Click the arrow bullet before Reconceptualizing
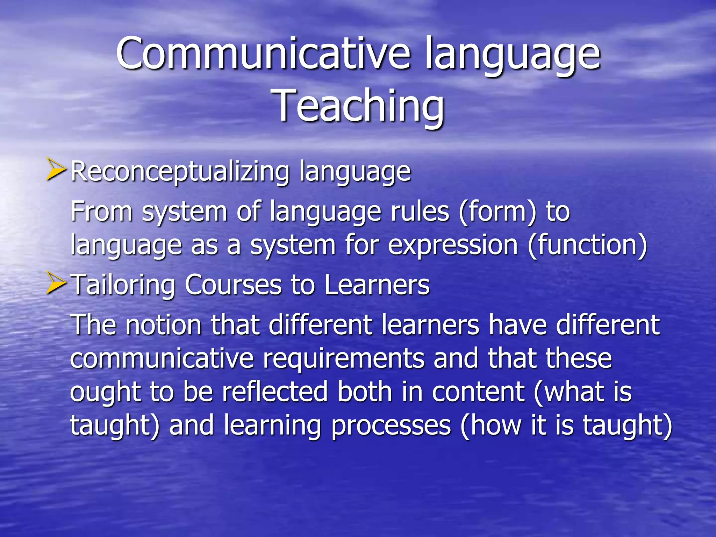coord(56,170)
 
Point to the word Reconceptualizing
coord(180,172)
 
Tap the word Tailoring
coord(123,285)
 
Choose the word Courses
coord(233,285)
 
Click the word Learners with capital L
coord(377,285)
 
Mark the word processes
coord(391,426)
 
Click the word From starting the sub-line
coord(101,212)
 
